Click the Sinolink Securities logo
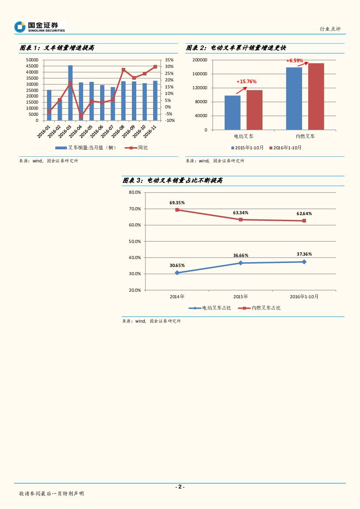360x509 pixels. coord(39,27)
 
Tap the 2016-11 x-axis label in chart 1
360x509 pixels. coord(151,131)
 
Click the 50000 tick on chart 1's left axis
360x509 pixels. coord(32,60)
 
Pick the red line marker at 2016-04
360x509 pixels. coord(81,116)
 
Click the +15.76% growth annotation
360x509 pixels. coord(246,81)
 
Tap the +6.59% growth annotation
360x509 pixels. coord(295,61)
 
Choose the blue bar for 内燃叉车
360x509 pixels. coord(294,98)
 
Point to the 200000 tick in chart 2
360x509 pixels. coord(200,60)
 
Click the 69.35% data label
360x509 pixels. coord(177,202)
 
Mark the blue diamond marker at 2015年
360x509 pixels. coord(241,263)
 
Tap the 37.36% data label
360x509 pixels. coord(304,254)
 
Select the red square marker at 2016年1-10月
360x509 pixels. coord(304,221)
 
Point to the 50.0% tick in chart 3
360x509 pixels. coord(135,241)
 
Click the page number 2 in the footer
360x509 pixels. coord(180,487)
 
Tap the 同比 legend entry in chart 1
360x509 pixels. coord(143,148)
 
